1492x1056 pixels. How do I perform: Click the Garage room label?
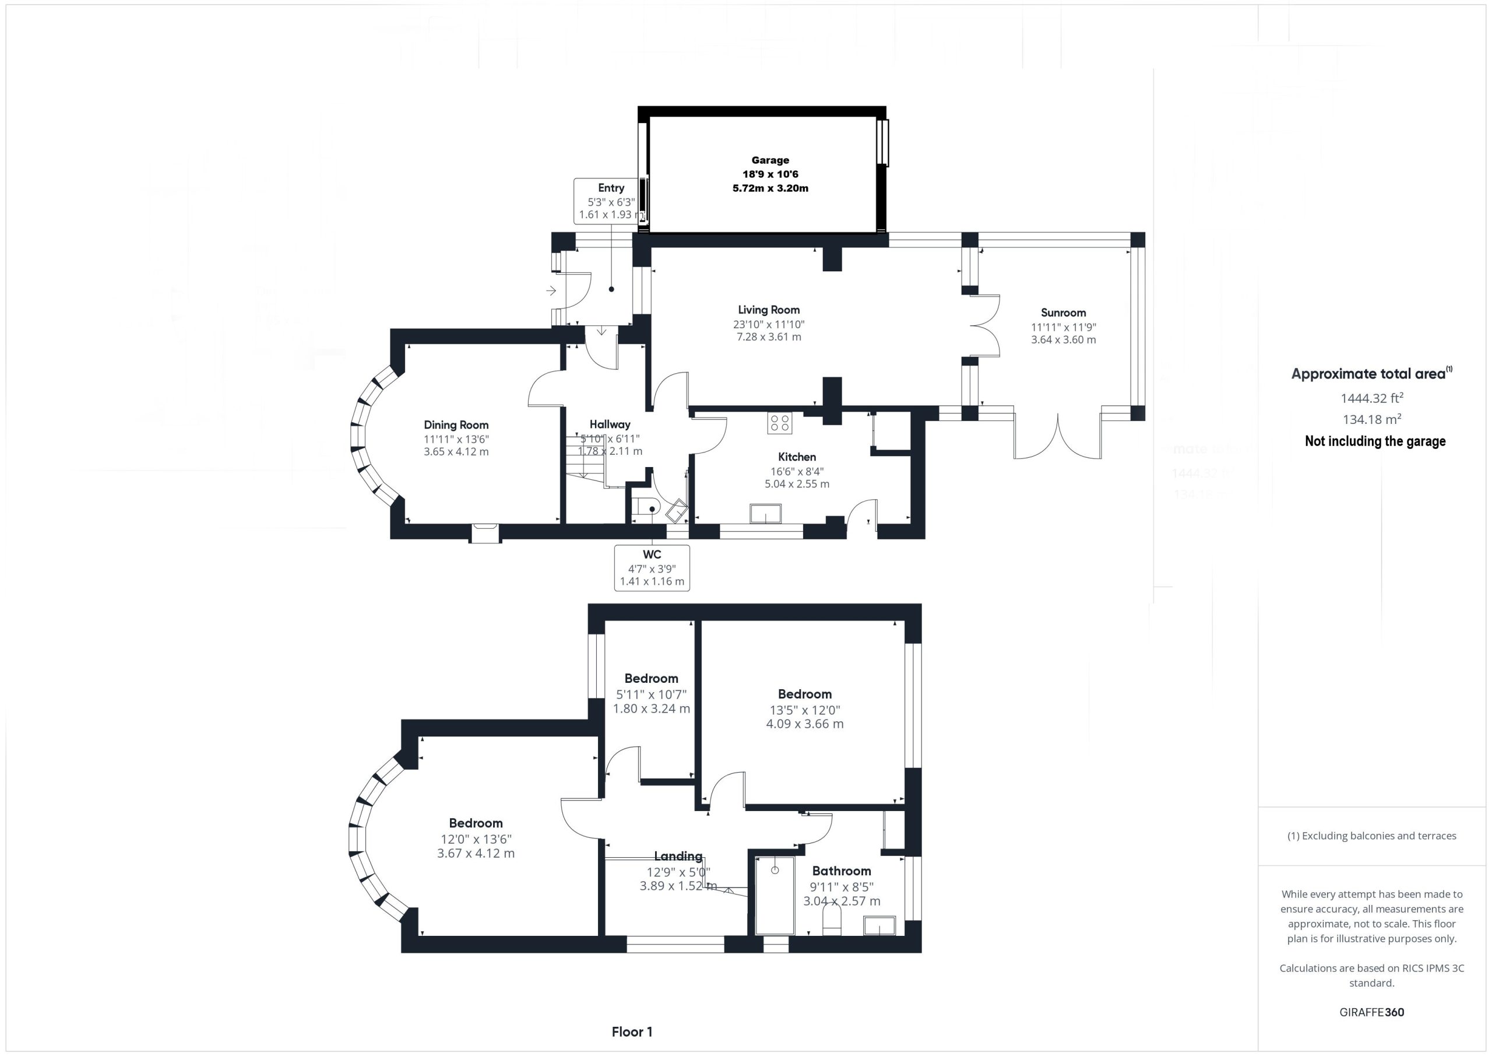click(x=770, y=160)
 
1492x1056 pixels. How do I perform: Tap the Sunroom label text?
click(x=1063, y=313)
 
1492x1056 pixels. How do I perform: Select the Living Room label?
click(x=769, y=310)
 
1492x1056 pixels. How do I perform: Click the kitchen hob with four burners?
click(x=779, y=423)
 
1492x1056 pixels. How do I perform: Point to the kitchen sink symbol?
click(x=765, y=514)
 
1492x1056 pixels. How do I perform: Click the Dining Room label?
click(x=456, y=425)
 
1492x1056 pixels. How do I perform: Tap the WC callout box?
click(x=652, y=568)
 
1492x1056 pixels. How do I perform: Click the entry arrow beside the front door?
click(x=551, y=290)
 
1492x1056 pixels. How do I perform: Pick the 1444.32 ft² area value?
click(x=1372, y=398)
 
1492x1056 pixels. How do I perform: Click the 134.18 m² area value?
click(x=1372, y=419)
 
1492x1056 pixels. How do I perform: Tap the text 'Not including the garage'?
click(x=1375, y=441)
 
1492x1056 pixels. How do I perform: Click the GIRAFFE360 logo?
click(x=1372, y=1012)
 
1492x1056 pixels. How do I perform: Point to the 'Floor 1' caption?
click(x=632, y=1032)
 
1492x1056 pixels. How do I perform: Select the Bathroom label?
click(x=842, y=871)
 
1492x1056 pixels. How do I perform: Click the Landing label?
click(x=678, y=857)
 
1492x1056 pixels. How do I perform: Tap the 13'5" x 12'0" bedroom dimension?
click(x=805, y=710)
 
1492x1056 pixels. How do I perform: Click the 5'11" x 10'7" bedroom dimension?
click(x=651, y=694)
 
